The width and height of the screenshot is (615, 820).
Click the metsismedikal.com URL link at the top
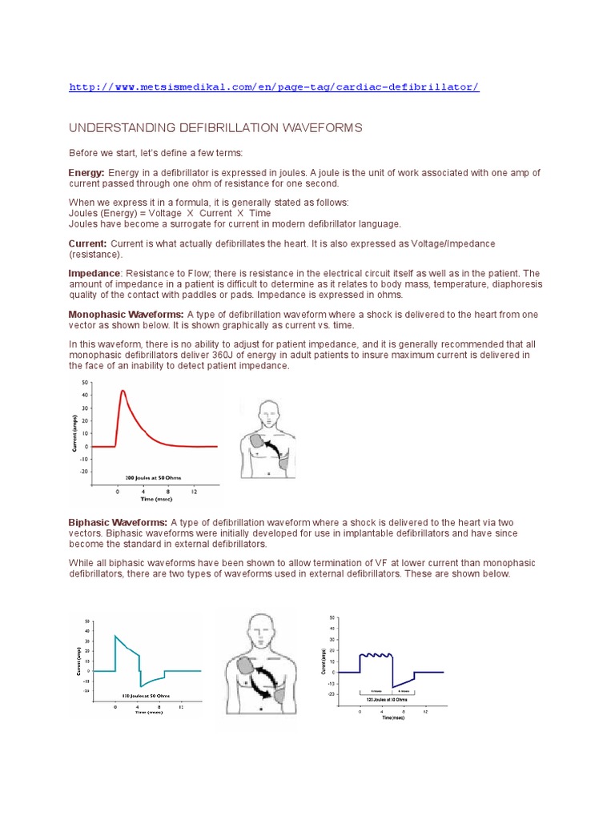(274, 86)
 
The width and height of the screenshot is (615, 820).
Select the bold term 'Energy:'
(86, 173)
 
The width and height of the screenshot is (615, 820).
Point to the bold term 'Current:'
(87, 243)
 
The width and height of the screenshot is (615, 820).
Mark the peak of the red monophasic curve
(123, 391)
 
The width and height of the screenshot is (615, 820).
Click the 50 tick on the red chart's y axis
(86, 384)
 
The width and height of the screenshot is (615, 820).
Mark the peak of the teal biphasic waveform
(116, 636)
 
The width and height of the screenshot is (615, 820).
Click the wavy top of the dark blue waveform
(376, 655)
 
